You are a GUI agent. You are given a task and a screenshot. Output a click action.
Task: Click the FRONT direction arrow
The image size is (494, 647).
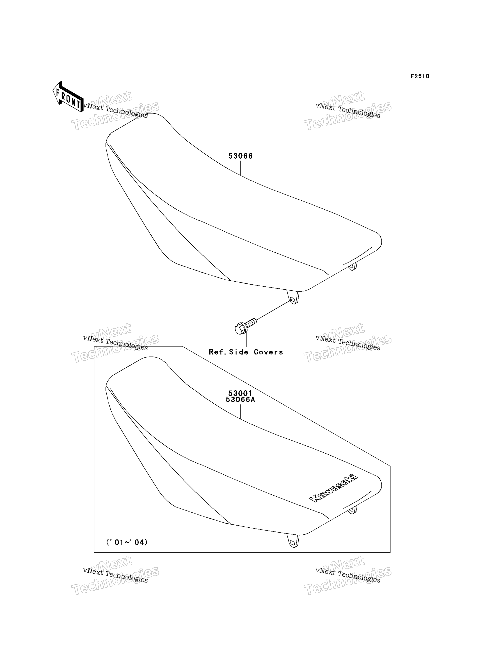[68, 97]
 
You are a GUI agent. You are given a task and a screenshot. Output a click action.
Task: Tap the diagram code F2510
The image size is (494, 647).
[420, 76]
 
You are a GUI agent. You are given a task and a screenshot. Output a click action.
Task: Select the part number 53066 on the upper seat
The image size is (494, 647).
[240, 156]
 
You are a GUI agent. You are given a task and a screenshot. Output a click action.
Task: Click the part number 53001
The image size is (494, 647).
[240, 393]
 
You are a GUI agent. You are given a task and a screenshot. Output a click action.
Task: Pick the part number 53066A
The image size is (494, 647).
[240, 400]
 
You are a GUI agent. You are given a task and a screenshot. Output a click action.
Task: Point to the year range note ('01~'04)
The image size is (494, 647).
[127, 542]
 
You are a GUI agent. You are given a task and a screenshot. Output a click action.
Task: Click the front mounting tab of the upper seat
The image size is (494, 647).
[293, 297]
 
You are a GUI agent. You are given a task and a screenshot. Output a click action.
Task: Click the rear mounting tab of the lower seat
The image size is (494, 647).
[352, 510]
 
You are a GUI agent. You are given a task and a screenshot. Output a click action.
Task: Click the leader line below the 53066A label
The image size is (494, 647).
[240, 412]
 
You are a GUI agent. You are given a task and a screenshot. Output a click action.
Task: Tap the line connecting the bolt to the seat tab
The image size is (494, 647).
[273, 310]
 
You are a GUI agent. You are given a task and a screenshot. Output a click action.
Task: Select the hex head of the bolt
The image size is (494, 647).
[240, 329]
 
